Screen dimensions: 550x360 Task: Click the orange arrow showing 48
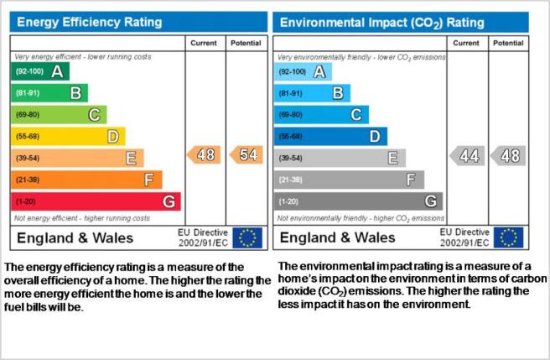click(x=204, y=154)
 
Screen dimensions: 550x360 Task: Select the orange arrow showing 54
click(x=246, y=154)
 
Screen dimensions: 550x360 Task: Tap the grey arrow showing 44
click(x=467, y=155)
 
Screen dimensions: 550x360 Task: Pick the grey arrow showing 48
click(x=508, y=155)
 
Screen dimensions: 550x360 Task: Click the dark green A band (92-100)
click(x=40, y=71)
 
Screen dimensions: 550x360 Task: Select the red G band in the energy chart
click(x=96, y=201)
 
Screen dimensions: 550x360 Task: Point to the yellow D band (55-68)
click(x=68, y=136)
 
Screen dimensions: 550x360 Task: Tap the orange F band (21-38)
click(x=86, y=180)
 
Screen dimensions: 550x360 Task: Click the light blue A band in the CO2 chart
click(x=303, y=71)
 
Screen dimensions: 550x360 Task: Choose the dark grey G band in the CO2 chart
click(x=358, y=201)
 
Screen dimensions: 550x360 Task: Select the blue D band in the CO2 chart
click(x=330, y=136)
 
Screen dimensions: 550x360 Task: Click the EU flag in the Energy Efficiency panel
click(x=247, y=237)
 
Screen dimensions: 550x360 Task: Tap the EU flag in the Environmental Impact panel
click(x=509, y=237)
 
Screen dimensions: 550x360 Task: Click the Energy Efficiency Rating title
click(x=90, y=22)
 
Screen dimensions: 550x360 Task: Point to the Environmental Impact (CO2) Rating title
click(x=382, y=23)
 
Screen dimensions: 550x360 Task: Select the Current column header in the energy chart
click(x=204, y=43)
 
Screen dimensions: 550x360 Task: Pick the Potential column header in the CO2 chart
click(x=508, y=43)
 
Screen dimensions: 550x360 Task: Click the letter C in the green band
click(x=94, y=115)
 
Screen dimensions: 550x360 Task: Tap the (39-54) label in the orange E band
click(x=28, y=158)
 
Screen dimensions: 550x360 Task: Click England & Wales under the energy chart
click(x=75, y=237)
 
